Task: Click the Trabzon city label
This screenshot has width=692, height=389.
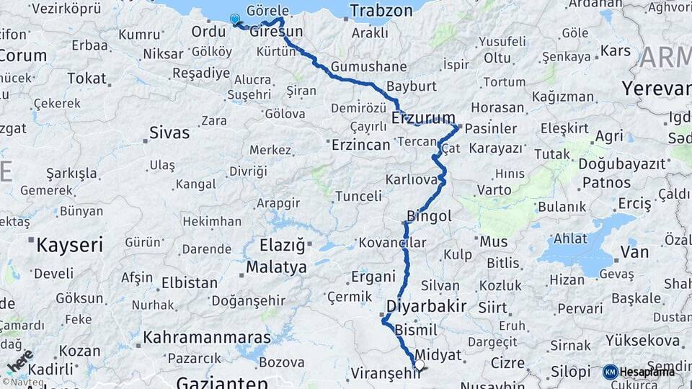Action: (x=381, y=11)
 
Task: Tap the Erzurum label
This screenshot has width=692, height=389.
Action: (x=424, y=118)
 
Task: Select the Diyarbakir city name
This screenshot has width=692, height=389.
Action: (x=426, y=305)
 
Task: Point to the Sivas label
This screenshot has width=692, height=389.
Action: (x=169, y=133)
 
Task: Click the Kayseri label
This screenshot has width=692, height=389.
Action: (x=70, y=244)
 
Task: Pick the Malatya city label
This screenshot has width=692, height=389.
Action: (x=276, y=267)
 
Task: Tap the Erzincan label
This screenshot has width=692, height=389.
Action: (x=361, y=145)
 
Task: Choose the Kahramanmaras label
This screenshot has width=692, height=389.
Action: (x=207, y=337)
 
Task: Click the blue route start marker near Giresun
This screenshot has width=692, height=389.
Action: (x=234, y=19)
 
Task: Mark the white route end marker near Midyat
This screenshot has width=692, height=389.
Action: (x=419, y=365)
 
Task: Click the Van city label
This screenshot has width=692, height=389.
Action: (x=634, y=252)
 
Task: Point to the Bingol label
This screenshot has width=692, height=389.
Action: (x=430, y=216)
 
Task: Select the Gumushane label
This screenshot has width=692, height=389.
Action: (x=369, y=67)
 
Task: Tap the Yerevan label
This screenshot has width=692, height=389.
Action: (x=656, y=89)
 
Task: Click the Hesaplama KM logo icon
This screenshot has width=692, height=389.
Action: (x=611, y=372)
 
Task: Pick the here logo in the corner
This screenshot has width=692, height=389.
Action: (x=20, y=359)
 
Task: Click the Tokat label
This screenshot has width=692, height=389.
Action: (x=86, y=79)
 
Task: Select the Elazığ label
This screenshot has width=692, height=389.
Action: (x=283, y=246)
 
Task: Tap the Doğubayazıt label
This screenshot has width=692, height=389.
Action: (x=622, y=164)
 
